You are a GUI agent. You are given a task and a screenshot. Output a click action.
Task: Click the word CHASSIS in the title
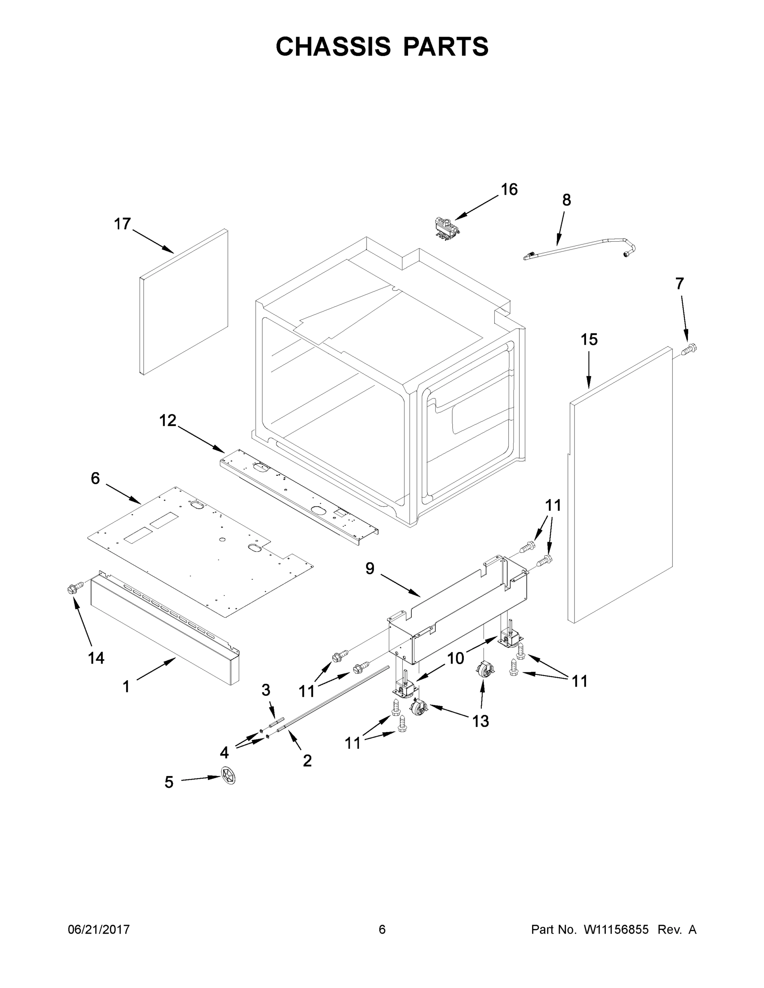(333, 47)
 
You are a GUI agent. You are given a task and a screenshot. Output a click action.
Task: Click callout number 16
(509, 189)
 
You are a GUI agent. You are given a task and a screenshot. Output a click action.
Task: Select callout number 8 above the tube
(566, 200)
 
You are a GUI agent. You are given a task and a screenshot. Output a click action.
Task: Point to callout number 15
(589, 339)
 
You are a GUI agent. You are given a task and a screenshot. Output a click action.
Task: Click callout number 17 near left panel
(122, 224)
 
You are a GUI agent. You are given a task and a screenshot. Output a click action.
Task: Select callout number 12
(168, 420)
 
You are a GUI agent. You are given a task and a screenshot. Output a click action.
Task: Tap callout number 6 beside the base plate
(95, 478)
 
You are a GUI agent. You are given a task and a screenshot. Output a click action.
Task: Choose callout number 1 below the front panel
(126, 687)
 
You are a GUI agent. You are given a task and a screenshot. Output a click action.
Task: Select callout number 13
(480, 722)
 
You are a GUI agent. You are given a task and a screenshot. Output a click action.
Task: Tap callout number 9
(370, 569)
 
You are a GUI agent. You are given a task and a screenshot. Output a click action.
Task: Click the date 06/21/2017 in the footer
(99, 930)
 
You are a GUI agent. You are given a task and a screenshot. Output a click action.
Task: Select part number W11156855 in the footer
(616, 930)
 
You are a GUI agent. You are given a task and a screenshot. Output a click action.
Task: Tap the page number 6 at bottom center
(382, 930)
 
